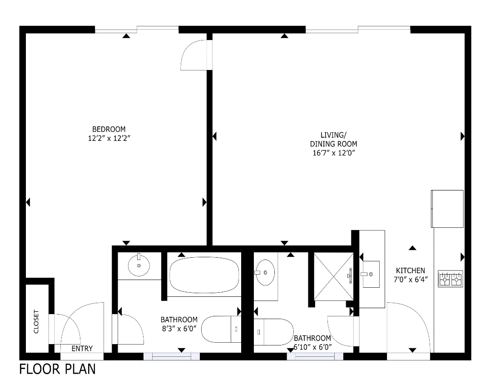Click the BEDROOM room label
[x=109, y=129]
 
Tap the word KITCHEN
[x=410, y=270]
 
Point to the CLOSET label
[x=36, y=322]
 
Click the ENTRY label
[x=82, y=349]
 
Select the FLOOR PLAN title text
[x=57, y=368]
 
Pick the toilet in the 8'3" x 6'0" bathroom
[x=220, y=330]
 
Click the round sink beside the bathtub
[x=139, y=265]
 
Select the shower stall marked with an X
[x=333, y=276]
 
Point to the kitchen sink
[x=371, y=274]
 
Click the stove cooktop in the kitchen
[x=450, y=279]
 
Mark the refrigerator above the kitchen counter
[x=447, y=209]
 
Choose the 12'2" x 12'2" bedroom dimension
[x=109, y=138]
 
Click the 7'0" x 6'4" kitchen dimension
[x=410, y=279]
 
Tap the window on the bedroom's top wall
[x=137, y=30]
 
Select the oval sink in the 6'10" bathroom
[x=265, y=273]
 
